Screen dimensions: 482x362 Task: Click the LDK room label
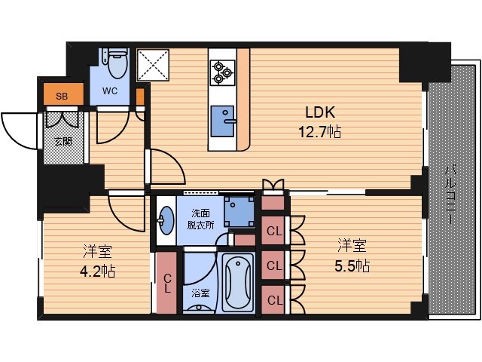320,112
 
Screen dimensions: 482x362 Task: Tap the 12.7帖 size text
319,132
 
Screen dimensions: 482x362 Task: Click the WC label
110,91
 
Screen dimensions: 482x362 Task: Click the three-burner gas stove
222,72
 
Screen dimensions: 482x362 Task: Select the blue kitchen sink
222,121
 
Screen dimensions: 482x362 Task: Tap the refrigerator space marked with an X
153,65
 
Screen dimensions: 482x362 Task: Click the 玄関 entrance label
63,142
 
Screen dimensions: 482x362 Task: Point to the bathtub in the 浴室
238,283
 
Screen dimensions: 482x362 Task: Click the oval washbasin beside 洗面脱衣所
166,220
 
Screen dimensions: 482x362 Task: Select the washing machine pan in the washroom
239,211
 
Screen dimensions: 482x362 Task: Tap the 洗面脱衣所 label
201,219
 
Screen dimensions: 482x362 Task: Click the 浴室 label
201,293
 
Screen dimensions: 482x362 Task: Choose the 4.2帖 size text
97,271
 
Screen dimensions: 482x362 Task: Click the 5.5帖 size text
352,265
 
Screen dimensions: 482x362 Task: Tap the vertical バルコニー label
451,195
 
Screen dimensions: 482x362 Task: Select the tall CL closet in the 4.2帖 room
166,283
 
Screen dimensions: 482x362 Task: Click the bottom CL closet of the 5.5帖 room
273,300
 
